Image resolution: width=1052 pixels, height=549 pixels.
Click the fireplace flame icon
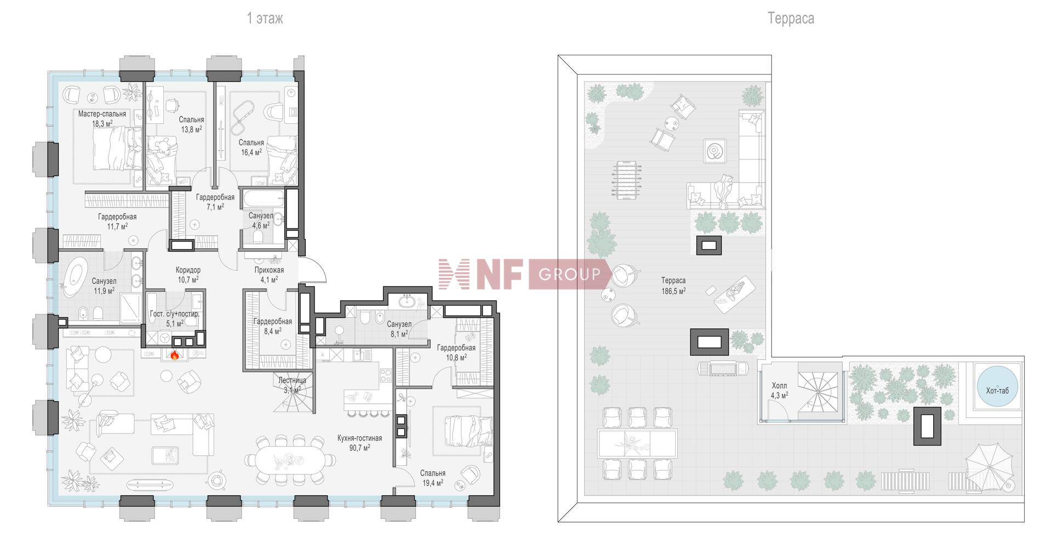tap(175, 355)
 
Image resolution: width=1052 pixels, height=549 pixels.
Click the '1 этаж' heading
tap(265, 19)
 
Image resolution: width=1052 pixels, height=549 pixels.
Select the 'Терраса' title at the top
tap(791, 19)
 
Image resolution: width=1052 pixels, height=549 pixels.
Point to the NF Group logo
tap(525, 274)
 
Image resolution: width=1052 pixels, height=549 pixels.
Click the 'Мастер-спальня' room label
tap(102, 114)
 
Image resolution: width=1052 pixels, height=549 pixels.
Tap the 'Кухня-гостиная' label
tap(359, 438)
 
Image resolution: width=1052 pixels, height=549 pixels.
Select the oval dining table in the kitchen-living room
tap(290, 460)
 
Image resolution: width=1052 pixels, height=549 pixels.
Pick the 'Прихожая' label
tap(269, 270)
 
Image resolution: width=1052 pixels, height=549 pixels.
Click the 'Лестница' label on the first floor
tap(292, 380)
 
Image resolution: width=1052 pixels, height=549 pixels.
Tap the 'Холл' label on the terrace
tap(779, 386)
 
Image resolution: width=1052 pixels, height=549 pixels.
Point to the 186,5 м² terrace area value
tap(673, 291)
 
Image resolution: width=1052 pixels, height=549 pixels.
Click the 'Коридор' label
tap(188, 270)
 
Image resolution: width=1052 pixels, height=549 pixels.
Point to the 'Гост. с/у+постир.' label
tap(175, 314)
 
